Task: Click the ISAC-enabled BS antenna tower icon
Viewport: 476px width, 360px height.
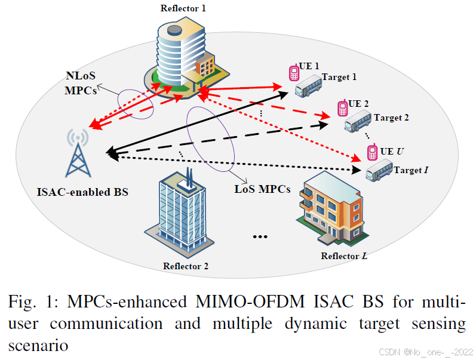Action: coord(77,157)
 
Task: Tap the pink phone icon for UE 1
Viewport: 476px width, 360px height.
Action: coord(294,73)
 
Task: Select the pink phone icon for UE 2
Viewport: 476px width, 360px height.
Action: coord(342,108)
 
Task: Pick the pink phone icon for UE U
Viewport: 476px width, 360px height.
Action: coord(371,151)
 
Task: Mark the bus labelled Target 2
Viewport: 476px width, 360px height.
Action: coord(358,122)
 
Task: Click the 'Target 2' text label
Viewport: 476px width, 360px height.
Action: coord(391,118)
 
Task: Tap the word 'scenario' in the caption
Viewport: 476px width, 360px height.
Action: coord(38,344)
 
